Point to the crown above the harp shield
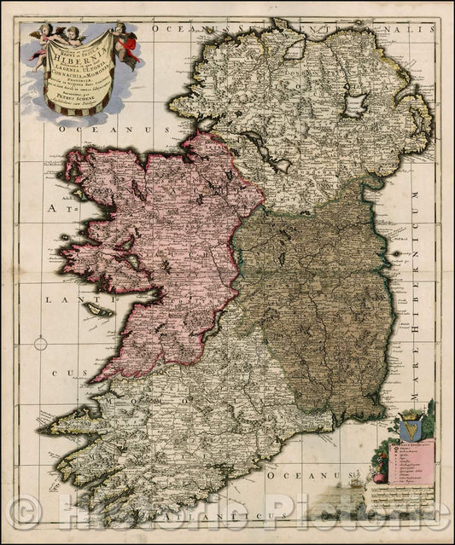[x=405, y=409]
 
